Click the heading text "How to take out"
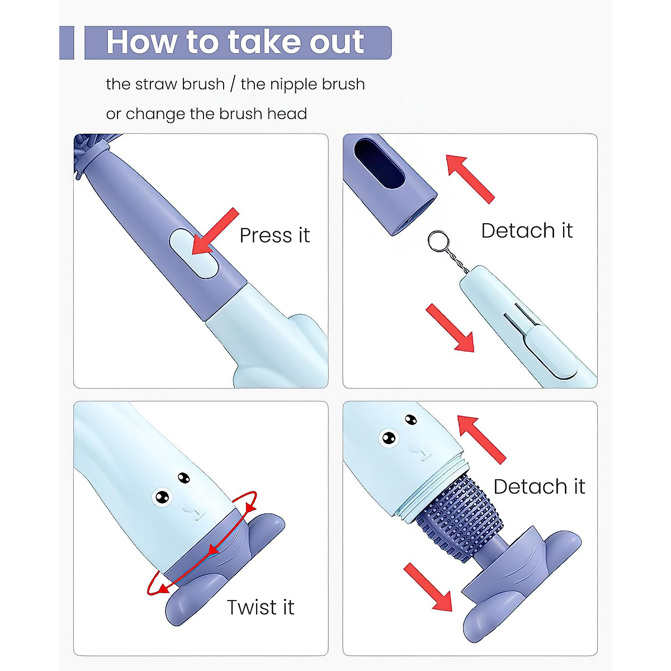click(235, 42)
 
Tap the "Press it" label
click(275, 235)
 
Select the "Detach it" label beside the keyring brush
click(527, 230)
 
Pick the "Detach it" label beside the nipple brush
click(540, 486)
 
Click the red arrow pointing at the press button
click(215, 231)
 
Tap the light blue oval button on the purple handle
click(194, 253)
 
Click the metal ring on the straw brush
click(438, 241)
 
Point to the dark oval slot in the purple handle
click(380, 164)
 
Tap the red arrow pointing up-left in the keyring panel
click(470, 179)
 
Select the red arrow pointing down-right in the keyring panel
click(450, 328)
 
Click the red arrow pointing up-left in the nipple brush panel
click(481, 440)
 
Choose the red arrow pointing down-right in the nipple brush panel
click(428, 587)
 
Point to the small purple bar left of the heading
click(67, 42)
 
